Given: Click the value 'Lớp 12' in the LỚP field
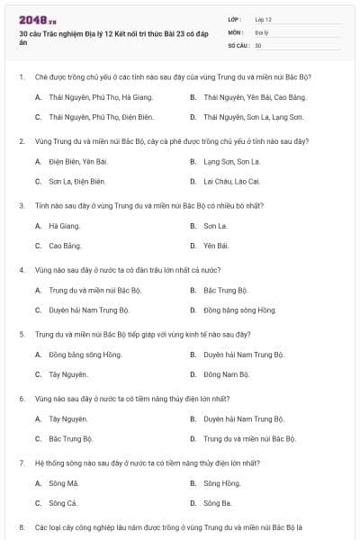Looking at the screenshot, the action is click(x=263, y=19).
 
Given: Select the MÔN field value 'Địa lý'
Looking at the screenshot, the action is click(x=261, y=31).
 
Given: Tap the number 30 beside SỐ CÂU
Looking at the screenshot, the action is click(x=258, y=44).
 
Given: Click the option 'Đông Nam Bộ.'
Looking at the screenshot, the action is click(x=225, y=374).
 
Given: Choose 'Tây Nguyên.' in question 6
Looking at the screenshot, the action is click(x=68, y=418).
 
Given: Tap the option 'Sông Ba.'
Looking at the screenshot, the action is click(x=218, y=503).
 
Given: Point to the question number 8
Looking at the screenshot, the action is click(x=22, y=526).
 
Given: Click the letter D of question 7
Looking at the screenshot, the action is click(x=193, y=503).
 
